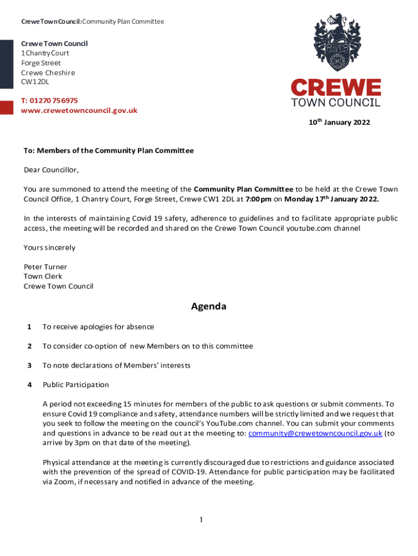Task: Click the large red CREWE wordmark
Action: point(335,87)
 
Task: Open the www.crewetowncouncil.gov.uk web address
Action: point(79,110)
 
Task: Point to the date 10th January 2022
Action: point(339,122)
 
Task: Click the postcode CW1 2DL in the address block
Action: point(35,82)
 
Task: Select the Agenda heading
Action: point(208,306)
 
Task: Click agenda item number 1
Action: point(29,327)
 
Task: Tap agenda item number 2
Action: point(29,346)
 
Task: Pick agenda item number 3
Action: point(29,365)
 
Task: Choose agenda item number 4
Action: point(29,384)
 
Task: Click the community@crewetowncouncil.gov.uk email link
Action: point(315,433)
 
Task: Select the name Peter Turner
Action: point(45,267)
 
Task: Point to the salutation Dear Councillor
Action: point(51,170)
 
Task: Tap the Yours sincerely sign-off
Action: point(49,248)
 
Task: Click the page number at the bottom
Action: point(200,520)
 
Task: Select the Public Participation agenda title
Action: point(76,384)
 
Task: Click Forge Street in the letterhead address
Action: point(41,63)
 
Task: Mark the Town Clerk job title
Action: point(43,276)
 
